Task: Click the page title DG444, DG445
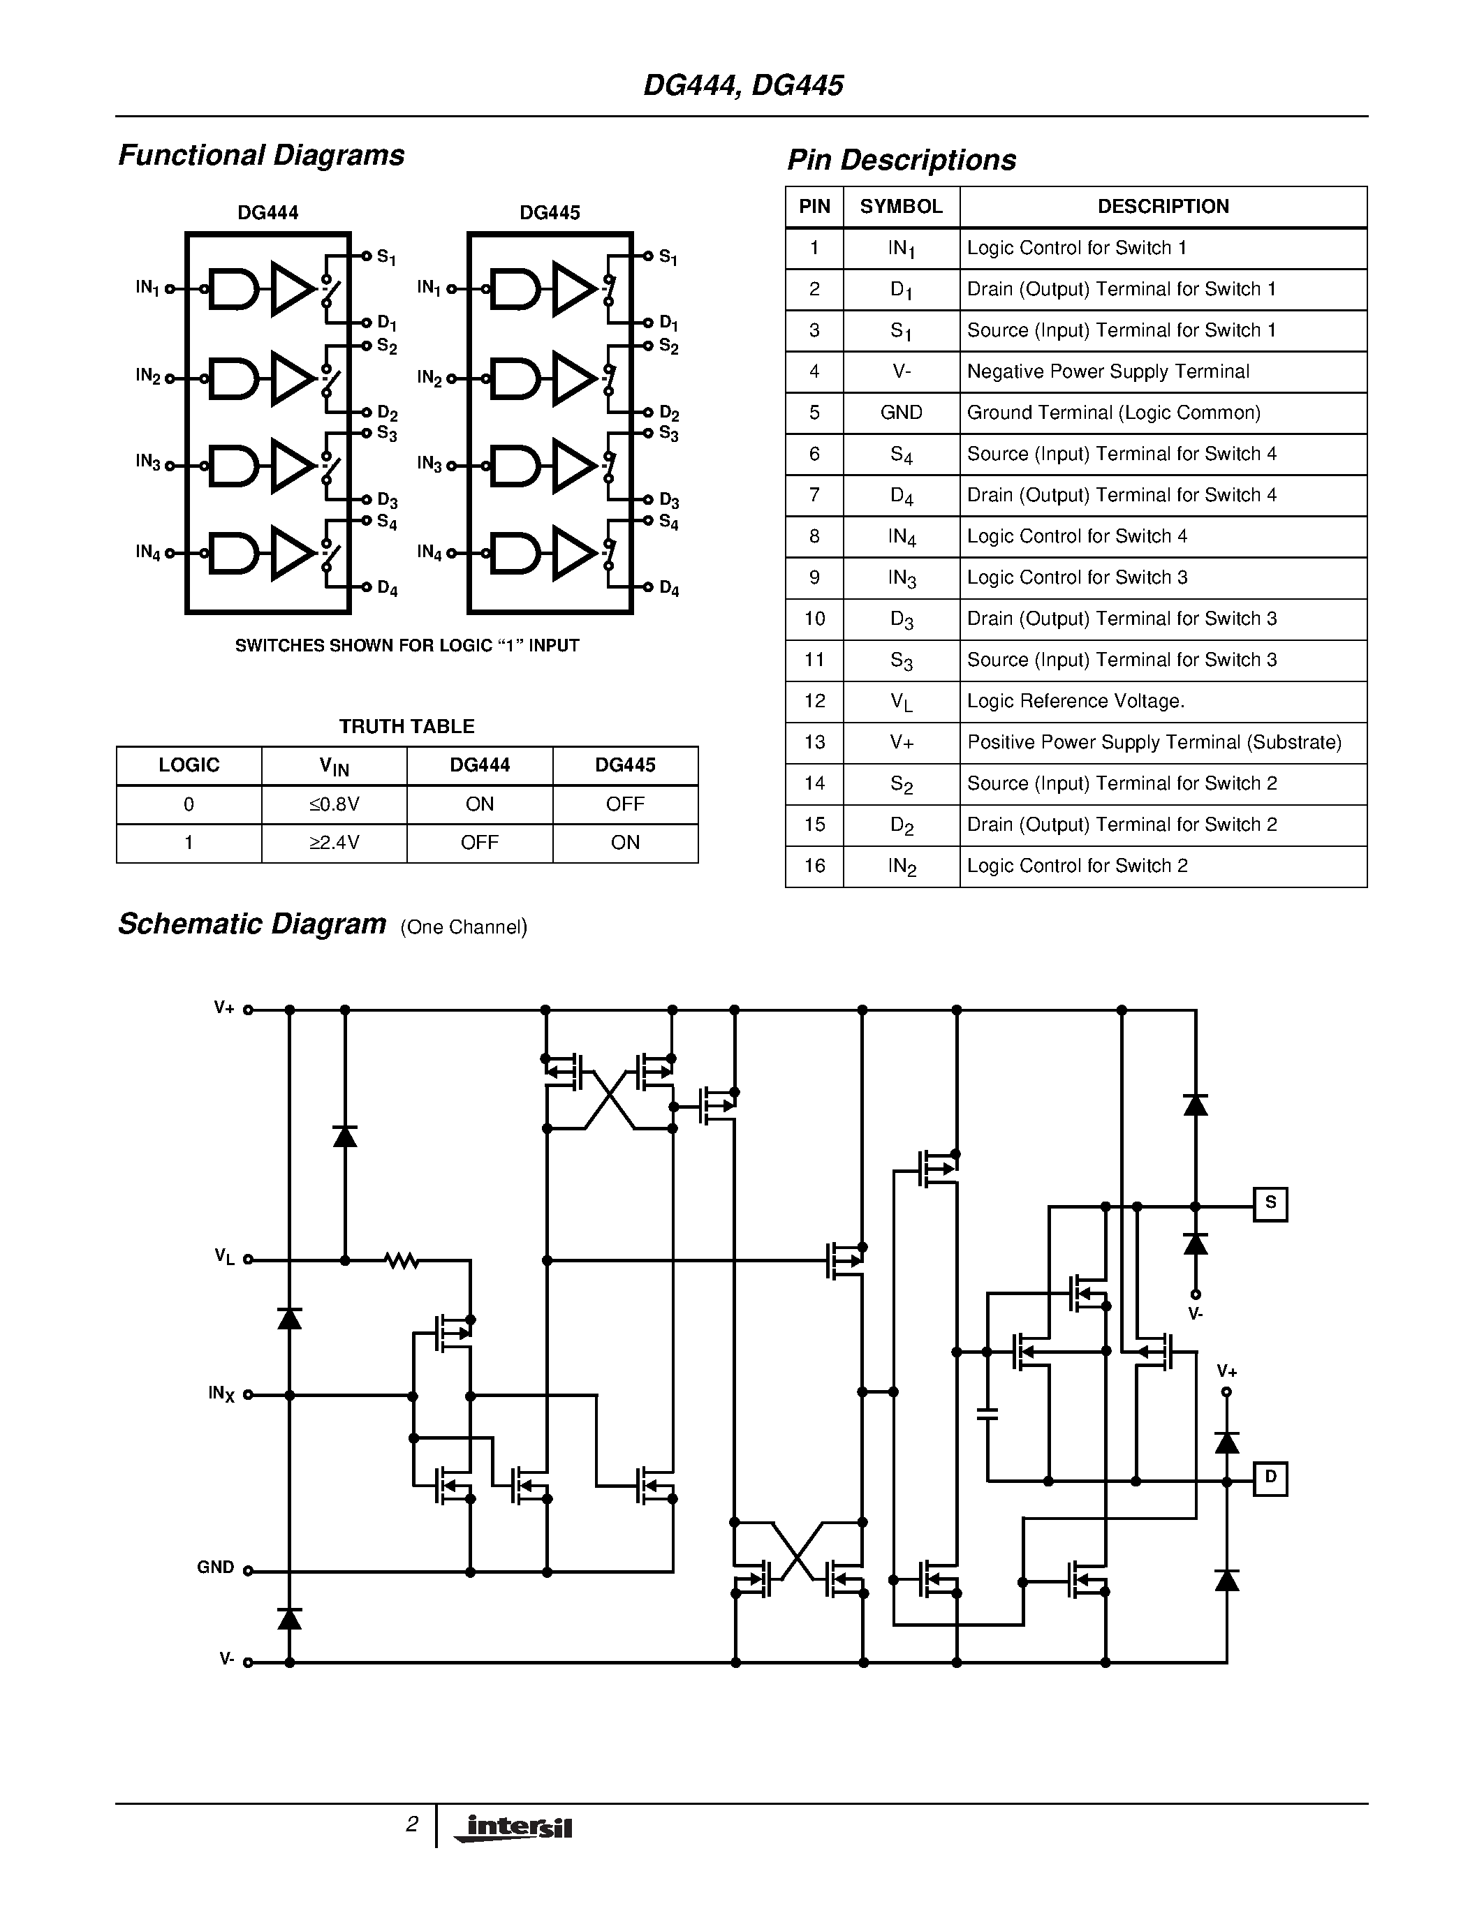[743, 85]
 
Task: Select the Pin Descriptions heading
[901, 160]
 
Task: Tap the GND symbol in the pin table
[901, 413]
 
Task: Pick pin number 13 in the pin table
[814, 742]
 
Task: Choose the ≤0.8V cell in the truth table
[334, 804]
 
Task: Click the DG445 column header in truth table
[625, 765]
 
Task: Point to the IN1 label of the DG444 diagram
[147, 288]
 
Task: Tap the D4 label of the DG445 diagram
[669, 588]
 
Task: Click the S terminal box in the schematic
[1270, 1204]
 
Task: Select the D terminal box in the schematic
[1270, 1478]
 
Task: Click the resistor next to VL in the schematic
[402, 1261]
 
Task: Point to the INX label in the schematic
[221, 1394]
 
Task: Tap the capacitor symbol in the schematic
[987, 1415]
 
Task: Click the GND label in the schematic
[215, 1567]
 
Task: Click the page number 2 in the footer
[411, 1824]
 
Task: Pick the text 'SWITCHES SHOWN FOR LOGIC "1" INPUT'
[407, 645]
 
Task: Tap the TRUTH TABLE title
[407, 726]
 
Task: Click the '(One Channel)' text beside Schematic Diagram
[463, 926]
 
